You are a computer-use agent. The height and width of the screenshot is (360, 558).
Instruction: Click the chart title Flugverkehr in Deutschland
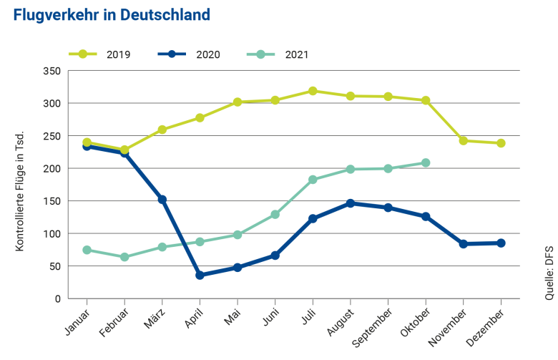[112, 15]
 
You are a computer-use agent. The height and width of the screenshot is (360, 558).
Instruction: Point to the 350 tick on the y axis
[51, 71]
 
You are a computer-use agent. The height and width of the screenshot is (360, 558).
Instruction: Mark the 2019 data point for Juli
[313, 91]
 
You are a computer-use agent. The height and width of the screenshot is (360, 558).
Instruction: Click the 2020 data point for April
[200, 275]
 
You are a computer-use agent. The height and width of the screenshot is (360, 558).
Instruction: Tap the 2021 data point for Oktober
[426, 162]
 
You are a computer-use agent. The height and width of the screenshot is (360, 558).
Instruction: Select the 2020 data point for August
[351, 203]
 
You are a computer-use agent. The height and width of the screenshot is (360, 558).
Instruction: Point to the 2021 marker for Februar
[124, 257]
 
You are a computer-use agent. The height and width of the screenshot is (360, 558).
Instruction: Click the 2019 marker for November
[464, 141]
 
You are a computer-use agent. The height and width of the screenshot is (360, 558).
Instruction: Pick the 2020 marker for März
[162, 200]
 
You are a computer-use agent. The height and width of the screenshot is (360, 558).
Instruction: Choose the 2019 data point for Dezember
[501, 143]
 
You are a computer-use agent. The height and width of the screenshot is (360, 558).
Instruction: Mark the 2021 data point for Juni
[275, 215]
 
